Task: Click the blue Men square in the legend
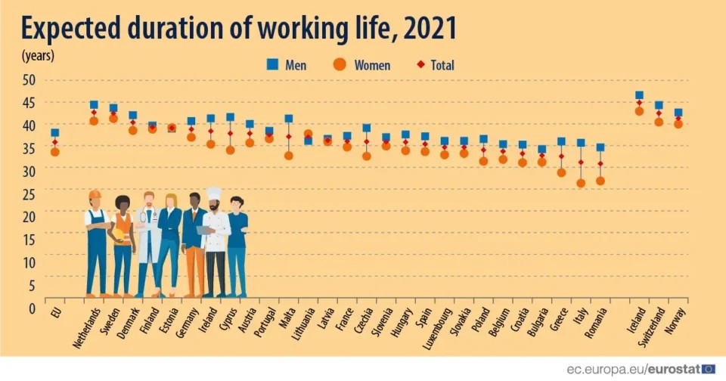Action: (273, 65)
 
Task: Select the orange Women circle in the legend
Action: (340, 65)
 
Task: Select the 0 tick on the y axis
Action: (32, 308)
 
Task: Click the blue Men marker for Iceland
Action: (639, 96)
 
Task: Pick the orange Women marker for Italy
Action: (581, 183)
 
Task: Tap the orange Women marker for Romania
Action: (600, 181)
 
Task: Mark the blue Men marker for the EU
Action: (54, 133)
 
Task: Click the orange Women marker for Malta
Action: (288, 156)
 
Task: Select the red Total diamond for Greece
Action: (561, 156)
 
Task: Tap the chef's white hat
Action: (214, 194)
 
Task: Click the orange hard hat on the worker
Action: (95, 194)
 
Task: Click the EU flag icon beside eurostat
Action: (708, 369)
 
